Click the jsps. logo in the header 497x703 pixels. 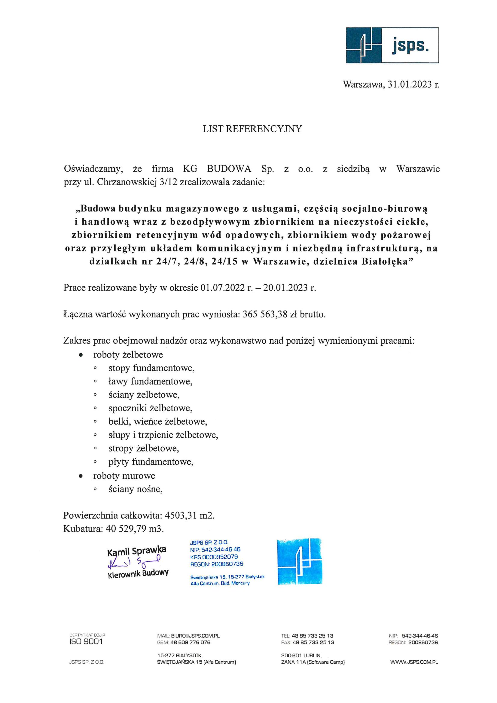(x=392, y=45)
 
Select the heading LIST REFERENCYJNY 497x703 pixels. (x=252, y=129)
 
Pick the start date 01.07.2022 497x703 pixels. (x=222, y=288)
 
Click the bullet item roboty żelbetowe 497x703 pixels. (x=128, y=355)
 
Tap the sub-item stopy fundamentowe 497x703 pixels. (x=151, y=368)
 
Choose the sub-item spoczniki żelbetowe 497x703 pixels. (x=150, y=408)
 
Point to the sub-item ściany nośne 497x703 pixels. (x=135, y=489)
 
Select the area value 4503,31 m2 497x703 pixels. (x=189, y=516)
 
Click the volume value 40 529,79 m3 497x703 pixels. (x=135, y=529)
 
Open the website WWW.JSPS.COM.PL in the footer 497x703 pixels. (x=414, y=662)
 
